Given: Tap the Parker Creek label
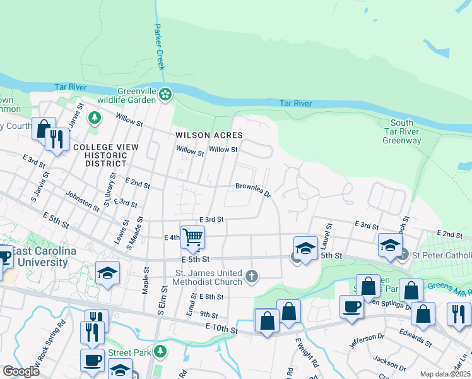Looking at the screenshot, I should tap(160, 47).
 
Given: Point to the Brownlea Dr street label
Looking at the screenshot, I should tap(253, 189).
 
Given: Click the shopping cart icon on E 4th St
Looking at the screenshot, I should tap(193, 237).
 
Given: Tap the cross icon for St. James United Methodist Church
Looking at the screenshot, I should tap(252, 275).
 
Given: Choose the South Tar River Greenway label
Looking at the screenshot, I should tap(401, 131).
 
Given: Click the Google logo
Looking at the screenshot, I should tap(21, 371).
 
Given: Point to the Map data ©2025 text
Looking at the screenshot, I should tap(445, 374).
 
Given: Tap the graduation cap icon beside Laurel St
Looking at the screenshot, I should tap(305, 248).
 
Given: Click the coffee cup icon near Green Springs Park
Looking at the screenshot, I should tap(351, 306).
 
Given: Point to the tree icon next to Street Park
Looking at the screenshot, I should tap(161, 351).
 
